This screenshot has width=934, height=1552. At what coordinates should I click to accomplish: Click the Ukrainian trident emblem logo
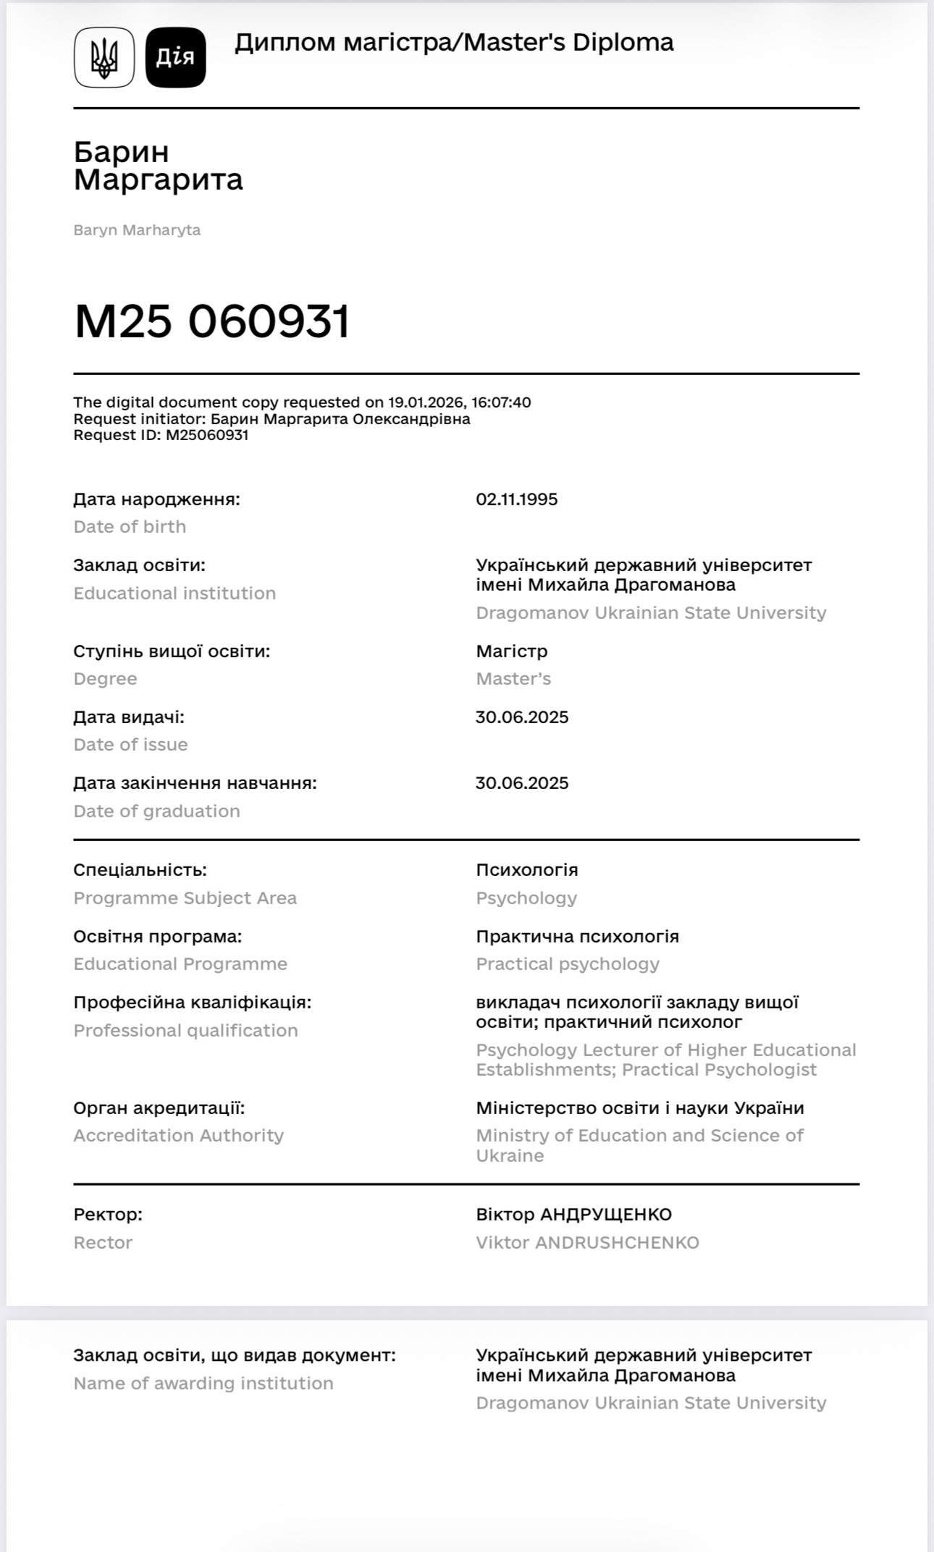coord(104,58)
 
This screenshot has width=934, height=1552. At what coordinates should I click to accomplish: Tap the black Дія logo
coord(176,58)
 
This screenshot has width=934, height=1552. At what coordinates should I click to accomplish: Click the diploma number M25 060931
coord(212,321)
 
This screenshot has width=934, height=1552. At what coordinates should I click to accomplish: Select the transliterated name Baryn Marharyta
coord(137,230)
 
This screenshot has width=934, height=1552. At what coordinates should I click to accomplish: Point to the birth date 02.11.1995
coord(516,499)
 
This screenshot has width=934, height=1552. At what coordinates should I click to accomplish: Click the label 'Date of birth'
coord(130,527)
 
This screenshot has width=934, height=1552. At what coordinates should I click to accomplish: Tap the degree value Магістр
coord(511,651)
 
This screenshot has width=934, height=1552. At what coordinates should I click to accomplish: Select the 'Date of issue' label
coord(130,745)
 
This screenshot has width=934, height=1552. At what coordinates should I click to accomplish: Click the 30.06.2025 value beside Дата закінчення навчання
coord(521,783)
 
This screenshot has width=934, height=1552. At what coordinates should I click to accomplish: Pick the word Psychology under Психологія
coord(526,898)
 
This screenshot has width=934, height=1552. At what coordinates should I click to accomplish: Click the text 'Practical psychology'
coord(568,964)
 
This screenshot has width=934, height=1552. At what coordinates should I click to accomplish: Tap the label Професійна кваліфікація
coord(192,1003)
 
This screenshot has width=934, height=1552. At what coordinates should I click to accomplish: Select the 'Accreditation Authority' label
coord(178,1136)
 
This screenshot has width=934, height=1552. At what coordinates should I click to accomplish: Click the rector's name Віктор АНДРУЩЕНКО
coord(573,1215)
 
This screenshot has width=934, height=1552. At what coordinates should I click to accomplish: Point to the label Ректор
coord(108,1215)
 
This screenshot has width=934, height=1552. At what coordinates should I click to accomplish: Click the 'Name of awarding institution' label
coord(203,1383)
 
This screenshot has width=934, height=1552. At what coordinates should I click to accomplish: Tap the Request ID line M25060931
coord(161,436)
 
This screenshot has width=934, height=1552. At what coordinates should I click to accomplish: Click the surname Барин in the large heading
coord(122,152)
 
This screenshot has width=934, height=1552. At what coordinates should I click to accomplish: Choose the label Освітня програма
coord(157,937)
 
